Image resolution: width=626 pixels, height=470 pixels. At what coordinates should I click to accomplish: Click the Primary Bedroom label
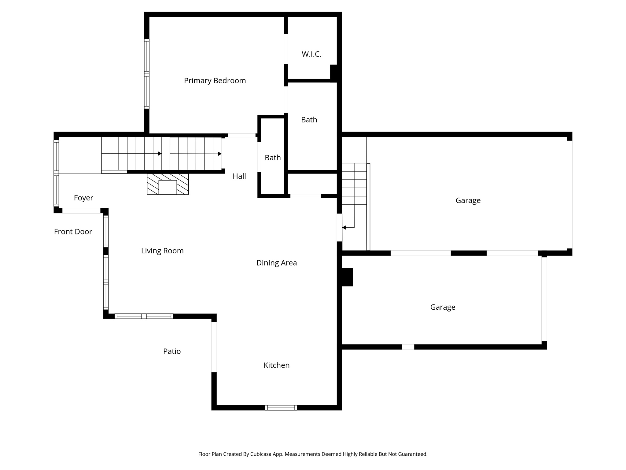pyautogui.click(x=215, y=80)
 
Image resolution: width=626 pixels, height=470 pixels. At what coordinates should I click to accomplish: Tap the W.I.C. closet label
pyautogui.click(x=311, y=54)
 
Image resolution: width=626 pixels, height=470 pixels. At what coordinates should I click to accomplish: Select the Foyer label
pyautogui.click(x=83, y=198)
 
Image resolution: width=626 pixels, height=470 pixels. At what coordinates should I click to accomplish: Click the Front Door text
pyautogui.click(x=73, y=232)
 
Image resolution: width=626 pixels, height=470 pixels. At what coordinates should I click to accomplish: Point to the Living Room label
pyautogui.click(x=162, y=251)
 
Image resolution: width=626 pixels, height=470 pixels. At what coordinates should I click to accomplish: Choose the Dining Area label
pyautogui.click(x=276, y=263)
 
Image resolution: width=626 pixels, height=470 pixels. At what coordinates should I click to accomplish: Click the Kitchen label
pyautogui.click(x=276, y=365)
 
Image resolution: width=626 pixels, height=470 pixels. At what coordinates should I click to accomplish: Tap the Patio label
pyautogui.click(x=172, y=351)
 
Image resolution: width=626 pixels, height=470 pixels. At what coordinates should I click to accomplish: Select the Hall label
pyautogui.click(x=239, y=176)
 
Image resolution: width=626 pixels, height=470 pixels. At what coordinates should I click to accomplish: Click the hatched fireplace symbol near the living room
pyautogui.click(x=168, y=184)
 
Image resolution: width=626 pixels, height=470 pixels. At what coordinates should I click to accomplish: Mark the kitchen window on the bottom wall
pyautogui.click(x=281, y=408)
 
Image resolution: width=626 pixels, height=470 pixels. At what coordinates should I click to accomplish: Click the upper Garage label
pyautogui.click(x=468, y=200)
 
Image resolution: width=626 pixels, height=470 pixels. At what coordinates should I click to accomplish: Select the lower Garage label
pyautogui.click(x=443, y=307)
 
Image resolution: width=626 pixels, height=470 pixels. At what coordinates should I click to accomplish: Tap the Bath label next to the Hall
pyautogui.click(x=272, y=158)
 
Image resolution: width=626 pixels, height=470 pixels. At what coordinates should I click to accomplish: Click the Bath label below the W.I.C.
pyautogui.click(x=309, y=120)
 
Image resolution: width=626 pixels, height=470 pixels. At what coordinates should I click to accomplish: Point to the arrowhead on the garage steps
pyautogui.click(x=344, y=227)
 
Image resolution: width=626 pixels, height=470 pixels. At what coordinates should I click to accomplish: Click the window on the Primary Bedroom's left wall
pyautogui.click(x=147, y=74)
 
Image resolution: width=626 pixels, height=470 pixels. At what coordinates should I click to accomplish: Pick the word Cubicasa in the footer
pyautogui.click(x=261, y=454)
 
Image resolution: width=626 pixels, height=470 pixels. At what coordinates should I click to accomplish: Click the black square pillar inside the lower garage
pyautogui.click(x=347, y=277)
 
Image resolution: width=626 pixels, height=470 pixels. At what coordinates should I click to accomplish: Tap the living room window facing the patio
pyautogui.click(x=144, y=316)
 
